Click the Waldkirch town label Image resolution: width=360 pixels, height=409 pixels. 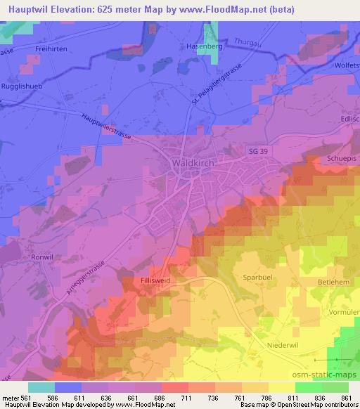(x=192, y=162)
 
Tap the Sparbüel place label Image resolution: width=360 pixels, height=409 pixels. (x=258, y=268)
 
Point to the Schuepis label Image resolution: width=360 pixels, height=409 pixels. (x=342, y=158)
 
